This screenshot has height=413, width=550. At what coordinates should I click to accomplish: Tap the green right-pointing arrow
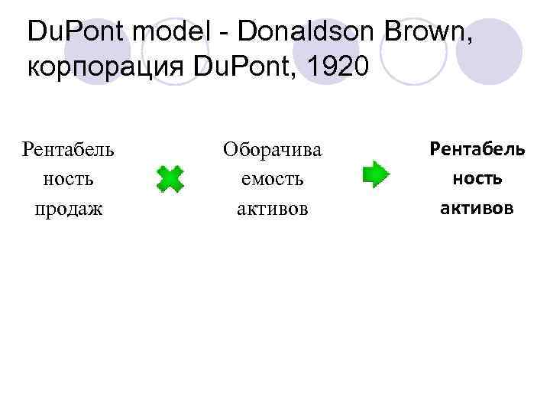(375, 174)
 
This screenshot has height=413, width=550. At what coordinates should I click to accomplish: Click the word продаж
(69, 209)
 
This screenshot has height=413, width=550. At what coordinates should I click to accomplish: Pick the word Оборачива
(272, 150)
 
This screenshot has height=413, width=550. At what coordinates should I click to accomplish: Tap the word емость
(272, 179)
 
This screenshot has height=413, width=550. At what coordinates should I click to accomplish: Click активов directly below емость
(272, 209)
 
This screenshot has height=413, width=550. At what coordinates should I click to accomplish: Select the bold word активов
(477, 207)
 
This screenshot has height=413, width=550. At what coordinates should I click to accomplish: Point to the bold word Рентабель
(477, 148)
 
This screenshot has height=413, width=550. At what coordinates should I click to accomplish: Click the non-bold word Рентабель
(69, 148)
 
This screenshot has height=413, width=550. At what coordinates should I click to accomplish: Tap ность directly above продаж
(69, 179)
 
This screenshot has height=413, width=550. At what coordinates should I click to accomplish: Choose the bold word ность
(477, 178)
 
